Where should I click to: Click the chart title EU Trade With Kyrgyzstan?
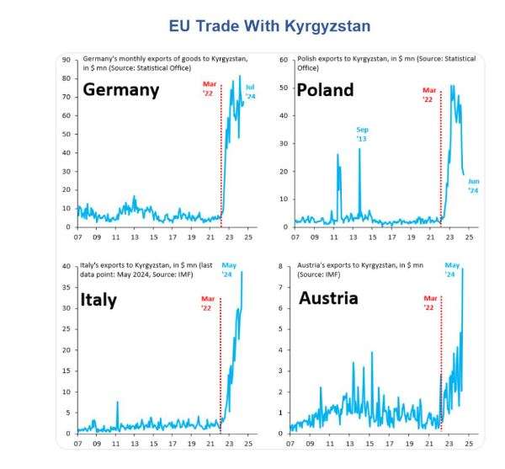click(x=269, y=26)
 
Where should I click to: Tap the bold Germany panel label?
click(x=120, y=89)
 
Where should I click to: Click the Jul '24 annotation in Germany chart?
click(x=250, y=91)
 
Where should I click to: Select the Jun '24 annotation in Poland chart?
click(x=473, y=186)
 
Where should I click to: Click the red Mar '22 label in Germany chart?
click(x=210, y=88)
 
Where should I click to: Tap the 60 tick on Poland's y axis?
click(x=284, y=60)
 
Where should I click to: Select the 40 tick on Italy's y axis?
click(x=66, y=267)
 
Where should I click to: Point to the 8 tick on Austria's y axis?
click(x=282, y=267)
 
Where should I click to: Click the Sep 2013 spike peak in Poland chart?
click(x=359, y=148)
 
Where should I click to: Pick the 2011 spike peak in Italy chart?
click(x=117, y=402)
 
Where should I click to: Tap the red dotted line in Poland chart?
click(x=440, y=168)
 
